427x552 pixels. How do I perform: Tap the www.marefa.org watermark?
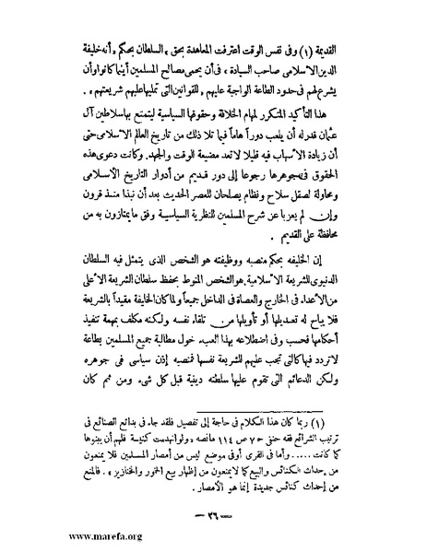point(53,534)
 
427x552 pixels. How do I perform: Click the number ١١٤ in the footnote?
point(222,440)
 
